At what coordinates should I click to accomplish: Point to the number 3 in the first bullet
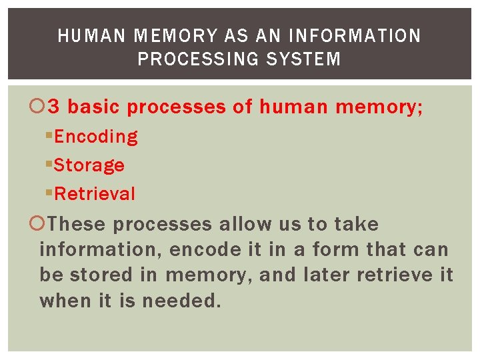click(x=57, y=107)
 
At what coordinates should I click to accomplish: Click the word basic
click(x=94, y=107)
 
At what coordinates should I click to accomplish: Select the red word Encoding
click(x=96, y=137)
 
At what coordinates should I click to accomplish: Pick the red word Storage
click(x=89, y=165)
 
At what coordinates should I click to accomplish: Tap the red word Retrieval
click(x=95, y=194)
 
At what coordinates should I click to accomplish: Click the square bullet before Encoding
click(x=49, y=137)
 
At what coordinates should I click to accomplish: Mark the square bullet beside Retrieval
click(x=49, y=194)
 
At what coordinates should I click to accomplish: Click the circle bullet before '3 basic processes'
click(x=42, y=107)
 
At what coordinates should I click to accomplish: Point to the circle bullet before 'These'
click(x=42, y=224)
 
